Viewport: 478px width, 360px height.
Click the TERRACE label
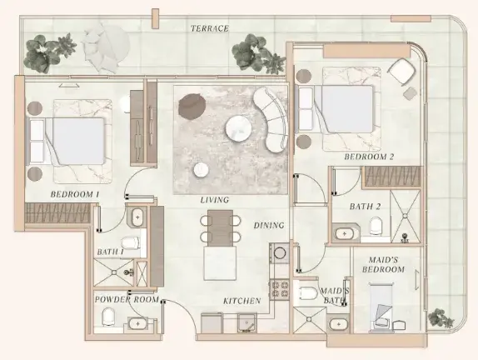(210, 28)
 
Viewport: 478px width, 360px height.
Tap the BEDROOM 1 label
(75, 194)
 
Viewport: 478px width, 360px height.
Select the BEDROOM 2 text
(369, 157)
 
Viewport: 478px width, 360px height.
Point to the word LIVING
(215, 200)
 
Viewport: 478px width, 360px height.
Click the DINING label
(269, 226)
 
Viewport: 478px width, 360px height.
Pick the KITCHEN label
(242, 301)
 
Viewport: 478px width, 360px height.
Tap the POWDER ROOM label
(127, 299)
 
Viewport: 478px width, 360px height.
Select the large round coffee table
(238, 128)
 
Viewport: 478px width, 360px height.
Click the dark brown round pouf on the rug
(192, 106)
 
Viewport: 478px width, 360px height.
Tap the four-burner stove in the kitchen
(280, 289)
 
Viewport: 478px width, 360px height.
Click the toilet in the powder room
(108, 317)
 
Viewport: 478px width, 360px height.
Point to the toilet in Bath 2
(376, 226)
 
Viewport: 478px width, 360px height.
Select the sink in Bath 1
(137, 217)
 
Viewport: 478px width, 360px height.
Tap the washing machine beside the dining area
(279, 252)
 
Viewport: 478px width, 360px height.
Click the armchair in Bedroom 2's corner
(401, 72)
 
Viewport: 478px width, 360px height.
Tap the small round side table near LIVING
(201, 170)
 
